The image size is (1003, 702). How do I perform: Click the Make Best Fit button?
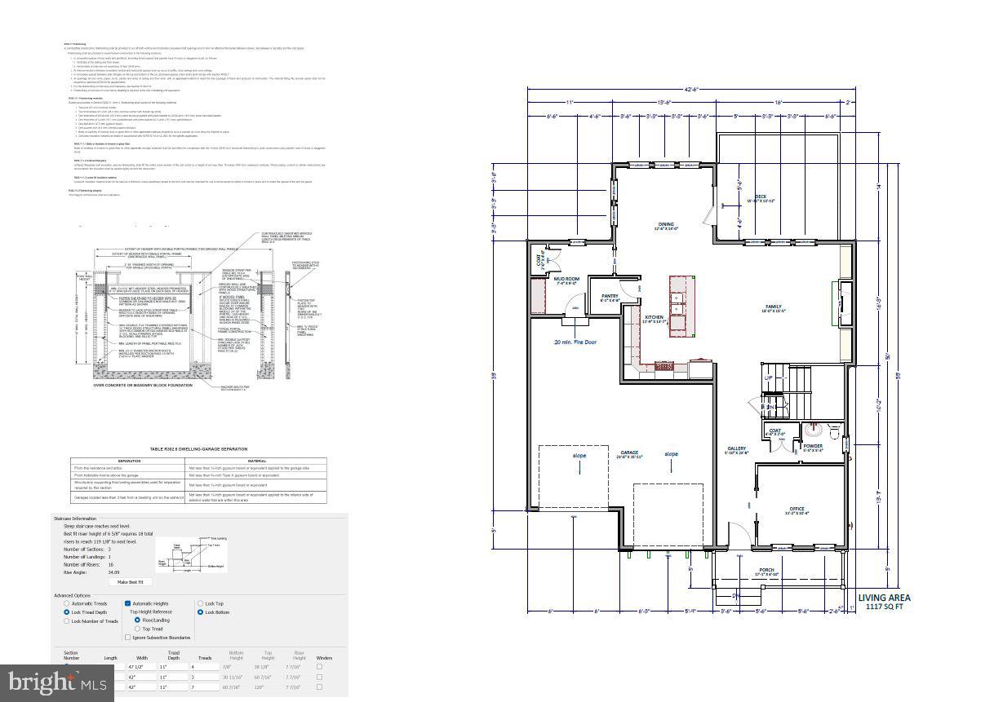click(x=131, y=581)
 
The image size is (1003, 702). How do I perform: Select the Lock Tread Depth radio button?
click(x=67, y=611)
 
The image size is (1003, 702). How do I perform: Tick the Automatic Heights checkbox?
click(x=128, y=603)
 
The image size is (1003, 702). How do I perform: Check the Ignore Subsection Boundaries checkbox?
click(x=128, y=638)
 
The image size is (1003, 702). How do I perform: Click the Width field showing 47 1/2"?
click(x=142, y=666)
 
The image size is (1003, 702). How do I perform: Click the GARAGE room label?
click(x=629, y=453)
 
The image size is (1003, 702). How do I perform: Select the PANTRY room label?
click(x=610, y=296)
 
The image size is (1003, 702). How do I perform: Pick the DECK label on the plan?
click(x=760, y=196)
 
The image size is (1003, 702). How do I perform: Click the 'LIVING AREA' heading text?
click(x=884, y=597)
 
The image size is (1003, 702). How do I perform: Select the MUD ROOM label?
click(x=566, y=280)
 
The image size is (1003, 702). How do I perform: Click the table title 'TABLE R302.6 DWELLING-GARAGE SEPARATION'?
click(x=197, y=448)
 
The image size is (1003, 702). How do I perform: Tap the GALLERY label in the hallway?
click(x=737, y=448)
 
